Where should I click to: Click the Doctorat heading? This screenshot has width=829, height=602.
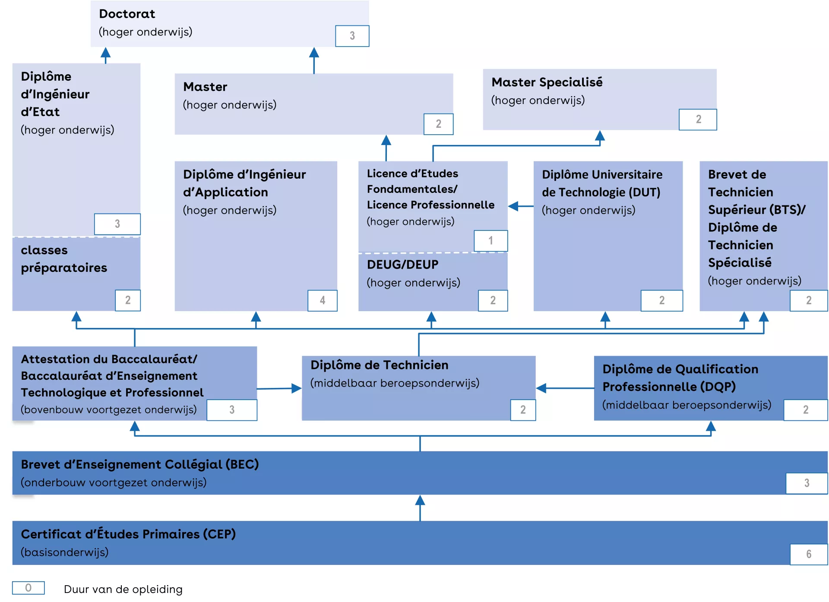[x=127, y=14]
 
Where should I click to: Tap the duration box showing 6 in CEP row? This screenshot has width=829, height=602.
[x=808, y=554]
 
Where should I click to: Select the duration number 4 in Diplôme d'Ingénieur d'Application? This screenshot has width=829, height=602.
[x=322, y=300]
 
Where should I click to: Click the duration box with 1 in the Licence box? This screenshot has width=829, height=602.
[x=490, y=240]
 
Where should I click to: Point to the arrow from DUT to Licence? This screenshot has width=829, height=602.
[x=520, y=206]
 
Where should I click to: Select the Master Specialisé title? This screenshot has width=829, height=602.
[x=547, y=82]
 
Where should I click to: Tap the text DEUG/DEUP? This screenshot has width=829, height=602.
[x=402, y=265]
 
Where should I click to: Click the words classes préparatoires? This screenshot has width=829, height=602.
[x=63, y=258]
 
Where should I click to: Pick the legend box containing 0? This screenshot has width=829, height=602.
[x=28, y=588]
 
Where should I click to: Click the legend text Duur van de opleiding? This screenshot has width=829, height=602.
[x=123, y=589]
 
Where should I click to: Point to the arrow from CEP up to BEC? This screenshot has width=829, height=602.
[x=420, y=507]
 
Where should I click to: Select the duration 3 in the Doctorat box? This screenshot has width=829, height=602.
[x=352, y=36]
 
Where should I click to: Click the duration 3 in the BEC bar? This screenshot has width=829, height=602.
[x=806, y=483]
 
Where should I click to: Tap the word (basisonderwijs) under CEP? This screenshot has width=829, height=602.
[x=65, y=552]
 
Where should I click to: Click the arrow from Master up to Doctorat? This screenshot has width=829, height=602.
[x=314, y=60]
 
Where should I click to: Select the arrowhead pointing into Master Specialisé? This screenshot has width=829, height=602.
[x=599, y=136]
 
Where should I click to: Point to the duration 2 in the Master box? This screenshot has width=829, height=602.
[x=438, y=124]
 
